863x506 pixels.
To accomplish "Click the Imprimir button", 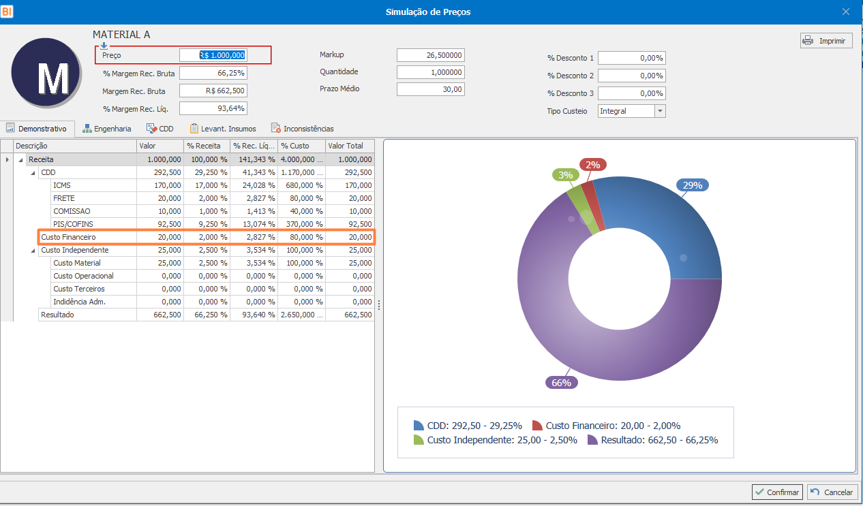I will pyautogui.click(x=826, y=41).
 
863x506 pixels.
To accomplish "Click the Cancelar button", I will pyautogui.click(x=832, y=492).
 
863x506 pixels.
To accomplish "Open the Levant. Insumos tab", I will pyautogui.click(x=223, y=128).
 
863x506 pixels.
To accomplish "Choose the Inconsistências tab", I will pyautogui.click(x=302, y=128).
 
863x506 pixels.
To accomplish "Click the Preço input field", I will pyautogui.click(x=213, y=55).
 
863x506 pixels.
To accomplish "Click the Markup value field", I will pyautogui.click(x=430, y=55).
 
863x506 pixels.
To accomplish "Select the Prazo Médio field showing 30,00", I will pyautogui.click(x=430, y=89).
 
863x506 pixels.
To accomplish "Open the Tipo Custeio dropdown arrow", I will pyautogui.click(x=659, y=111).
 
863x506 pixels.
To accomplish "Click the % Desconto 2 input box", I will pyautogui.click(x=631, y=76).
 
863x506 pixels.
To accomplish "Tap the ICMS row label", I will pyautogui.click(x=62, y=185).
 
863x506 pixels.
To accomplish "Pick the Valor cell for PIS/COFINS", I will pyautogui.click(x=160, y=224).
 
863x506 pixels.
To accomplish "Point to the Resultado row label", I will pyautogui.click(x=57, y=315).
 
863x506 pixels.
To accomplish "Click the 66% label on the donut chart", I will pyautogui.click(x=561, y=383).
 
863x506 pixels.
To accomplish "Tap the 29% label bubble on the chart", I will pyautogui.click(x=693, y=185).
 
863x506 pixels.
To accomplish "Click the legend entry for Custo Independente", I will pyautogui.click(x=502, y=440).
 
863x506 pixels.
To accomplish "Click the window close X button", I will pyautogui.click(x=845, y=12).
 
